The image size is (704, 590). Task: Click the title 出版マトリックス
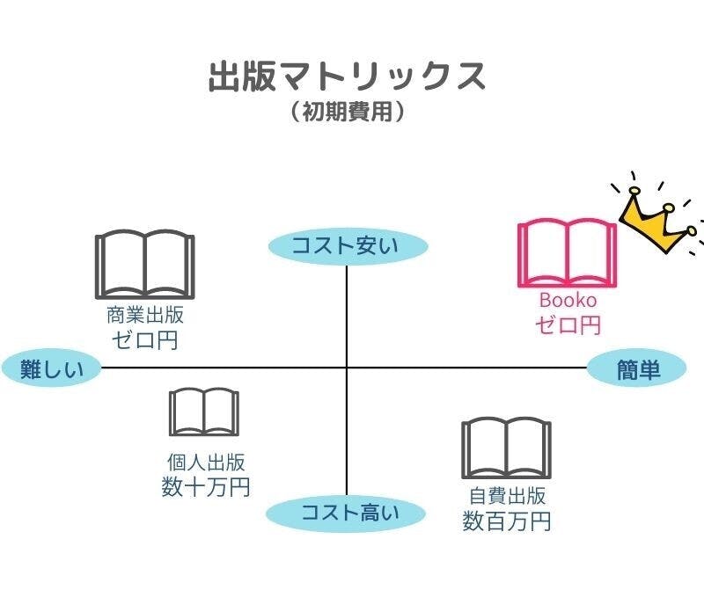(x=347, y=76)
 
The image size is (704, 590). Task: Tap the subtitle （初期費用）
(x=347, y=113)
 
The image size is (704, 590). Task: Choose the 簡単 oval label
(x=637, y=369)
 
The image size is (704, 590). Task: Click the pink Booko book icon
(x=567, y=254)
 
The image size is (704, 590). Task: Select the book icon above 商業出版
(x=144, y=266)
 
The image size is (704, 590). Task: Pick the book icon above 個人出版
(x=204, y=412)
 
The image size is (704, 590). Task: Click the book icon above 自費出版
(x=506, y=448)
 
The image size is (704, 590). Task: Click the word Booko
(x=568, y=301)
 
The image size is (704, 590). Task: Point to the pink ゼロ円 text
(x=568, y=324)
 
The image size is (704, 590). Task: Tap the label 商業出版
(x=145, y=316)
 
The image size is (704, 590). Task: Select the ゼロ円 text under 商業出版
(x=144, y=339)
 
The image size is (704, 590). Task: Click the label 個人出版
(x=206, y=462)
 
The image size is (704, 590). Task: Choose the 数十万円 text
(x=206, y=486)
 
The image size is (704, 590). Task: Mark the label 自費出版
(x=507, y=496)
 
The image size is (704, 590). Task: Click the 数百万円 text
(x=507, y=521)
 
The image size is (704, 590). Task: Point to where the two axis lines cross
(x=347, y=368)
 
